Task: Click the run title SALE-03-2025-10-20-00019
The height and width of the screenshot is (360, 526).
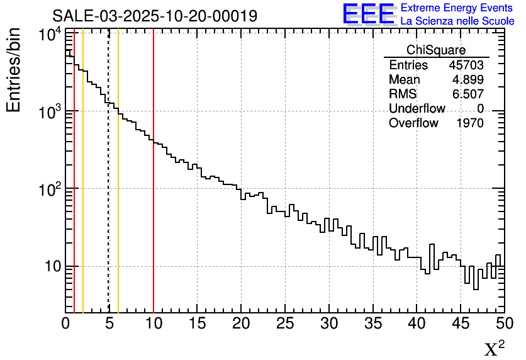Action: coord(154,16)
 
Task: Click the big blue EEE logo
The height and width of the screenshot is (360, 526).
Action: coord(368,14)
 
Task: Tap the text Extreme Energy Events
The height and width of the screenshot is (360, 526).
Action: coord(457,8)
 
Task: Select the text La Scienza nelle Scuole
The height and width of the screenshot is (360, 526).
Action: coord(457,21)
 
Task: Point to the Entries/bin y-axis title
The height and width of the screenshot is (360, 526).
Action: coord(14,70)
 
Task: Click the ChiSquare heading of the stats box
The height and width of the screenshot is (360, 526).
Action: coord(436,50)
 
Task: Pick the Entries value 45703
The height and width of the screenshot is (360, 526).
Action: coord(466,65)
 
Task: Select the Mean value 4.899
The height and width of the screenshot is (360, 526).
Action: coord(467,80)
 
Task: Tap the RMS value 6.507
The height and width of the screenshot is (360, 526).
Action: coord(467,94)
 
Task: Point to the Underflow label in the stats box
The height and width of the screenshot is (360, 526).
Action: coord(417,108)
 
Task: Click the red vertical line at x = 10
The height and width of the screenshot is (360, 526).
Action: coord(154,189)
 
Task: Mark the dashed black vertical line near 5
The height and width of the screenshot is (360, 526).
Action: coord(109,189)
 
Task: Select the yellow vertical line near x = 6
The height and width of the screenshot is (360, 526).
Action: coord(118,189)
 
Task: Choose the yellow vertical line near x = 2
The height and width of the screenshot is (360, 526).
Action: coord(83,189)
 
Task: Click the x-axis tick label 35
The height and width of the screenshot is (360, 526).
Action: coord(373,323)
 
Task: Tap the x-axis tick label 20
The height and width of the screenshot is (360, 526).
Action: coord(242,323)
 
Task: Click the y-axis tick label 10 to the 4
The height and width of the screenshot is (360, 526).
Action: coord(49,35)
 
